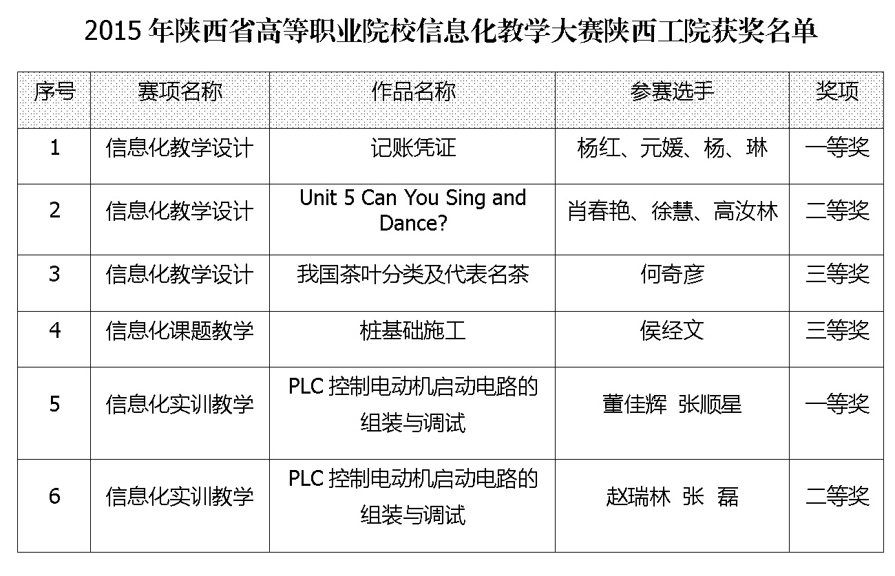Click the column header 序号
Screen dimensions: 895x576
pos(54,92)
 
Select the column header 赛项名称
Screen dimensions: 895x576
pos(180,92)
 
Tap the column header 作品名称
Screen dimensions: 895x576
pos(413,92)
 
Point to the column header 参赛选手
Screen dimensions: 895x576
pos(672,92)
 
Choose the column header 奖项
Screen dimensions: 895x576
pos(836,92)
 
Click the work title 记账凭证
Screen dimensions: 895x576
pos(413,148)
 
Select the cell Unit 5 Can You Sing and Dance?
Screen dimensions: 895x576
pos(413,210)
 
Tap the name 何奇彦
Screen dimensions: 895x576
pos(672,274)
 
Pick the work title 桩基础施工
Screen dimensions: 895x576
pos(413,330)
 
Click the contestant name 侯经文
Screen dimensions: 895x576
pos(672,330)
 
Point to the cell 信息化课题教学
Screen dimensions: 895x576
pos(180,330)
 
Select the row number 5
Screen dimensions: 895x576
pos(55,404)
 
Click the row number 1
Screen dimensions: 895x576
pos(55,147)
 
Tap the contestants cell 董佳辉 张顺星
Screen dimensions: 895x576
pos(672,404)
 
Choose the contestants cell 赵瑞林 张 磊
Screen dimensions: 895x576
pos(672,496)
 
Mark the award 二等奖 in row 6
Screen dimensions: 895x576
pos(837,496)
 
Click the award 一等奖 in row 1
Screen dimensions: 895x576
pos(837,148)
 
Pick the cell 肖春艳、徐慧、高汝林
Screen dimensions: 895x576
pos(673,211)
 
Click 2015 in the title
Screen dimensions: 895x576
pos(113,31)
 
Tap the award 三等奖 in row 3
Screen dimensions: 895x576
pos(837,274)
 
